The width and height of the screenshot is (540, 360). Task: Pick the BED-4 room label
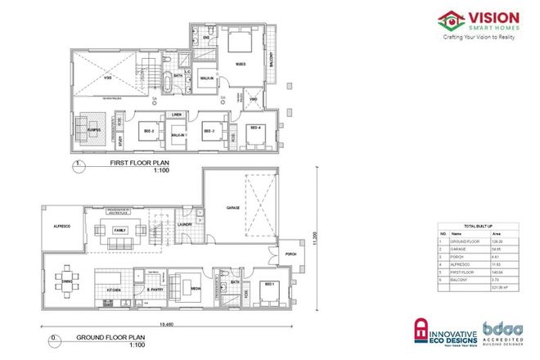(255, 128)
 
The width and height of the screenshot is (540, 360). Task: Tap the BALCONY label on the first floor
(271, 61)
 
